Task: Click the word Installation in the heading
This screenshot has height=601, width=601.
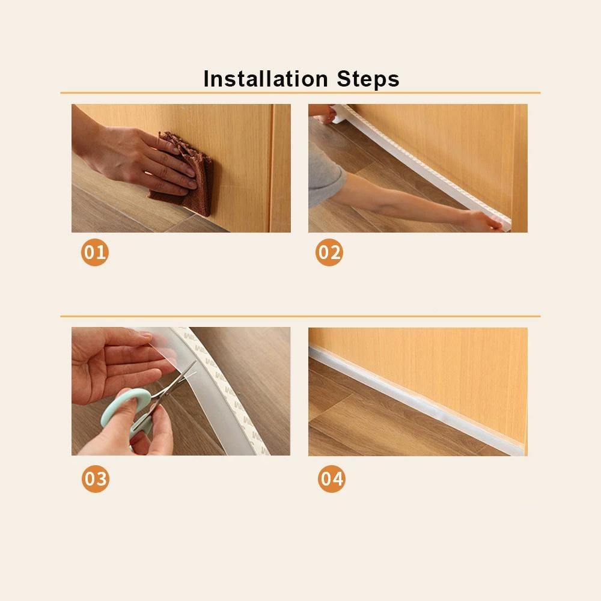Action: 265,79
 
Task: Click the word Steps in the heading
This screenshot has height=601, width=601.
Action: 368,79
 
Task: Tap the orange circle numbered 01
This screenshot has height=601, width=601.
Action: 95,252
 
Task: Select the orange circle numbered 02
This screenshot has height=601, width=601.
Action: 329,252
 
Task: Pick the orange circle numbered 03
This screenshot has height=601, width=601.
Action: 96,479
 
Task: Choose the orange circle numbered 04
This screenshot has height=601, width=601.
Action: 332,479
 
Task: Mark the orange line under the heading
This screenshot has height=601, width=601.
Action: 300,93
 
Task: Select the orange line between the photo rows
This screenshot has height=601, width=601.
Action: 300,317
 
